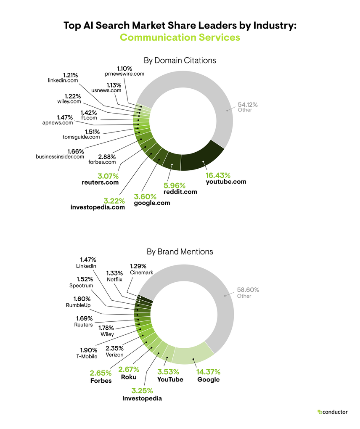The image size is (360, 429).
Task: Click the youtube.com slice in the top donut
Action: [x=202, y=161]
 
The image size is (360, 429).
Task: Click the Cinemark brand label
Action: [x=141, y=273]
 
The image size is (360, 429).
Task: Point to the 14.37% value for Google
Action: [x=209, y=372]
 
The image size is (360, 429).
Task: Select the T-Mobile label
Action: [x=86, y=357]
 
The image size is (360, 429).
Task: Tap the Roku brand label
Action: [x=129, y=377]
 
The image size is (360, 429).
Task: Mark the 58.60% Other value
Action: [x=248, y=290]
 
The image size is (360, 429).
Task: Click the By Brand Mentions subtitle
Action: [x=180, y=252]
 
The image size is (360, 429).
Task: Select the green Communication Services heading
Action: [x=180, y=37]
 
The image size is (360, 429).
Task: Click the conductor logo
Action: [x=332, y=412]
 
